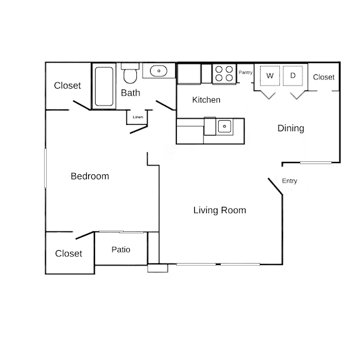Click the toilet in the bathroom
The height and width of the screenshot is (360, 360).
pyautogui.click(x=130, y=73)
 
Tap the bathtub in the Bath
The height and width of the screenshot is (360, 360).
pyautogui.click(x=104, y=86)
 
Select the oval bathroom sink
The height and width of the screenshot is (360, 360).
pyautogui.click(x=159, y=71)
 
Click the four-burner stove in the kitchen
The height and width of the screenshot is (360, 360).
pyautogui.click(x=224, y=74)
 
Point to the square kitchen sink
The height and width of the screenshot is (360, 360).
pyautogui.click(x=224, y=126)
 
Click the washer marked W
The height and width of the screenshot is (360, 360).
pyautogui.click(x=270, y=76)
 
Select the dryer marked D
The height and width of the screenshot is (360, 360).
pyautogui.click(x=292, y=76)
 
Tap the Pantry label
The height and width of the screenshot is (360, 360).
pyautogui.click(x=246, y=72)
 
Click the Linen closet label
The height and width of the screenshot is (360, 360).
pyautogui.click(x=138, y=117)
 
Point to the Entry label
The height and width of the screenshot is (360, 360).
pyautogui.click(x=289, y=181)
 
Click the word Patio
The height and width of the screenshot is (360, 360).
pyautogui.click(x=121, y=249)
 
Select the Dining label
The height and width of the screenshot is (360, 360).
pyautogui.click(x=291, y=128)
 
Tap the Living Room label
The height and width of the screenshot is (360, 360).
pyautogui.click(x=220, y=210)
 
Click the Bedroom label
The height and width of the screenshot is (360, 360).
pyautogui.click(x=90, y=176)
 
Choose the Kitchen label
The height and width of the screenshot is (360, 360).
pyautogui.click(x=206, y=99)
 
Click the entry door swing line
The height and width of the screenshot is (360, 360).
pyautogui.click(x=275, y=186)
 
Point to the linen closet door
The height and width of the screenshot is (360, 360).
pyautogui.click(x=139, y=130)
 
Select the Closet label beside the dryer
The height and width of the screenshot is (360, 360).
pyautogui.click(x=324, y=77)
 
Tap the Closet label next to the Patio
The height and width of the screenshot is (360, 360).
pyautogui.click(x=68, y=254)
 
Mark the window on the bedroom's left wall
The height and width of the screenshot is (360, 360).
pyautogui.click(x=46, y=168)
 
